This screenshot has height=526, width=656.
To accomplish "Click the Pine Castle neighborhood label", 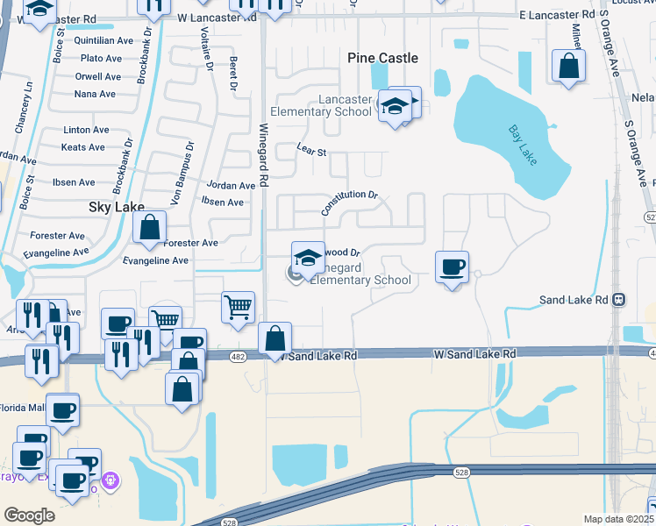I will pos(382,58).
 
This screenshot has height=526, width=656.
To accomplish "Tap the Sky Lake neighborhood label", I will pos(117,208).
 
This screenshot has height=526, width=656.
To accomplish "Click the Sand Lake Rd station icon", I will pos(618,299).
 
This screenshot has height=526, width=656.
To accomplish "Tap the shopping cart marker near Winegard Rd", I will pos(238,307).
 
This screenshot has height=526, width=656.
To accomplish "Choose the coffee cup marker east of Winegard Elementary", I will pos(452,267).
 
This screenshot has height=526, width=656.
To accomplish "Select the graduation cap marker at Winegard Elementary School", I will pos(307,258).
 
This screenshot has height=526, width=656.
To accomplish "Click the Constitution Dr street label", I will pos(349,203).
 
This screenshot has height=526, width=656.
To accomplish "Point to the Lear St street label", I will pos(311,152).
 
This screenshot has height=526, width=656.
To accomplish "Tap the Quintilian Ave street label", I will pos(104,39).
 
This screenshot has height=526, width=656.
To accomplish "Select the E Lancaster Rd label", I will pos(557,15).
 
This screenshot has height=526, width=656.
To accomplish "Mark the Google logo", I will pos(29,515).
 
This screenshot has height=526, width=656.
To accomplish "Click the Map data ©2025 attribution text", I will pos(617,519).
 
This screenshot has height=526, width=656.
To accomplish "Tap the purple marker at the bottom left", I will pos(110,480).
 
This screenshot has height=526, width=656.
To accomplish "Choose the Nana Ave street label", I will pos(95,94).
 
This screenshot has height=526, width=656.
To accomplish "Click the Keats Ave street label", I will pos(83,147).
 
